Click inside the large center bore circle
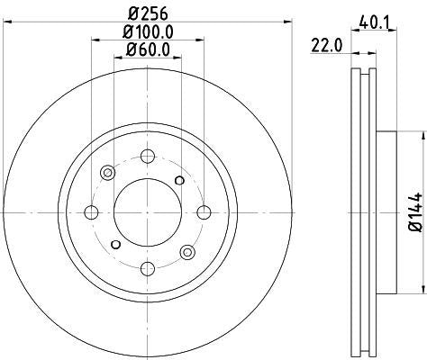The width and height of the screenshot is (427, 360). click(x=148, y=212)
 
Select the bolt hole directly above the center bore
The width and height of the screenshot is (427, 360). click(x=148, y=156)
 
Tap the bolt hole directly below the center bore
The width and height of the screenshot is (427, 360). click(x=148, y=269)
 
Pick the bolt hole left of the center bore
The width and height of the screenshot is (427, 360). click(x=91, y=212)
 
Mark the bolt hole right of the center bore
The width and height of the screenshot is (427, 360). click(x=204, y=212)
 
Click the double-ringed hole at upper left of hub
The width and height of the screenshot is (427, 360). click(x=108, y=173)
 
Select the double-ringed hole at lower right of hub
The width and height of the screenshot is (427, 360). click(x=187, y=252)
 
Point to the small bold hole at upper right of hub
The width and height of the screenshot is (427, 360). click(x=180, y=181)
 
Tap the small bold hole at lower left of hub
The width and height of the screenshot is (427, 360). click(x=115, y=244)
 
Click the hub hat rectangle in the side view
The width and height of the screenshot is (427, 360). click(x=386, y=212)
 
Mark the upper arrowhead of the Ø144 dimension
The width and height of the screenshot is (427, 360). click(x=419, y=137)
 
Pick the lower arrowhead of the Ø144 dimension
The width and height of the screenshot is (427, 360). click(x=419, y=289)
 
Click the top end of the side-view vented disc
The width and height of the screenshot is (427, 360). click(x=361, y=73)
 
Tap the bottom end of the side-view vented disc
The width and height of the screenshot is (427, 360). click(x=361, y=352)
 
